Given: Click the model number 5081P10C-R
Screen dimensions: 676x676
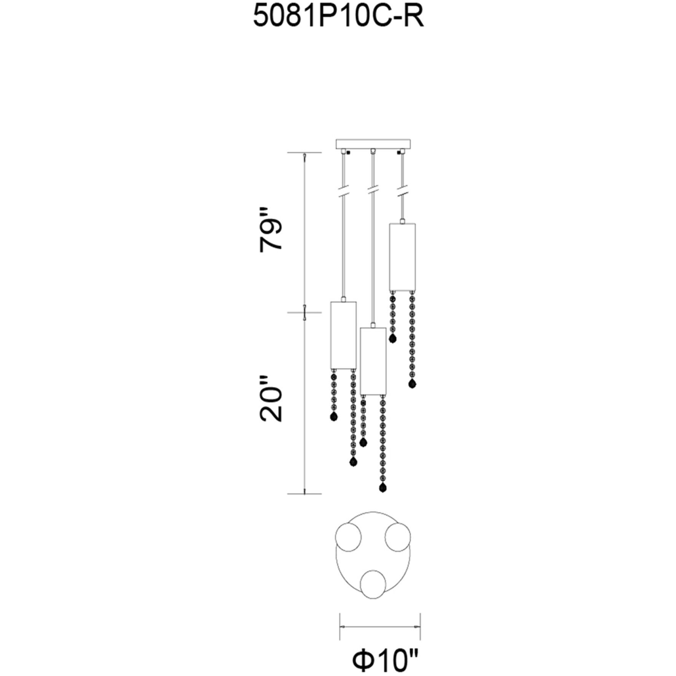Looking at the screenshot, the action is click(x=338, y=17).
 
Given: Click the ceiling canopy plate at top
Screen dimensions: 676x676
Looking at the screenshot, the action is click(x=373, y=144).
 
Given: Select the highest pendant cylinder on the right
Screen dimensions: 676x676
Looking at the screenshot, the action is click(x=402, y=257).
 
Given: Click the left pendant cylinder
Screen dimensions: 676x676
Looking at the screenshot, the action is click(x=343, y=335).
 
